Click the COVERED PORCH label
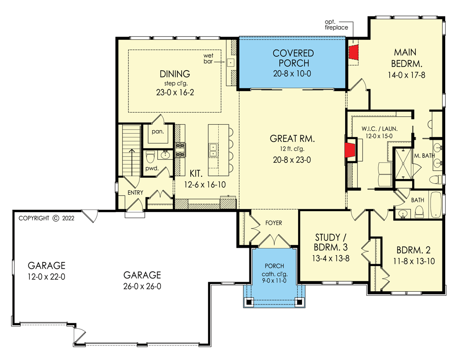(x=293, y=58)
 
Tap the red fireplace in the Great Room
(x=351, y=150)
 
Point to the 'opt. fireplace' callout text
(x=336, y=25)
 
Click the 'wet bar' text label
(x=208, y=58)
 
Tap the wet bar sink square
(x=231, y=62)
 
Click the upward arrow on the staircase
(x=132, y=162)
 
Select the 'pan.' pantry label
(x=158, y=131)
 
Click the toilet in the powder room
(x=150, y=157)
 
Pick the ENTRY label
(x=135, y=192)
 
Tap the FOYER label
(x=274, y=223)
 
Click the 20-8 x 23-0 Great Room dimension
(x=292, y=160)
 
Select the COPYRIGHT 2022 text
(x=46, y=218)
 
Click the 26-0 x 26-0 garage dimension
(x=142, y=286)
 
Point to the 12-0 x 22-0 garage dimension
(x=46, y=277)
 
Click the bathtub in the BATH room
(x=436, y=205)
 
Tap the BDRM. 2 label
(x=414, y=250)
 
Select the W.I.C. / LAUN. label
(x=380, y=129)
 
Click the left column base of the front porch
(x=249, y=302)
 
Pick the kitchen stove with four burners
(x=180, y=149)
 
